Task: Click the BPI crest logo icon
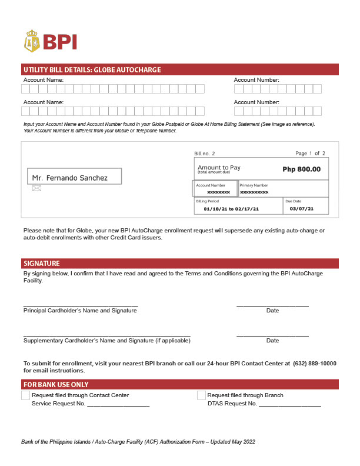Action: (32, 41)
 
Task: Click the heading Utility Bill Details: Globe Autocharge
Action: (92, 69)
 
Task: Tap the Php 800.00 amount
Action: (301, 169)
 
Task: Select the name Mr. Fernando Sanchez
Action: (70, 178)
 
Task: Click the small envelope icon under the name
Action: (36, 188)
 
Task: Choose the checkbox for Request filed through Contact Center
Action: (25, 395)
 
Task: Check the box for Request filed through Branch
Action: (201, 395)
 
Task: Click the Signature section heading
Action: (41, 263)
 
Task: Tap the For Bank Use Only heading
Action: (56, 384)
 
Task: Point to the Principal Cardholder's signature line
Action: (81, 305)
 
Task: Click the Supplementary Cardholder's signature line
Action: (106, 335)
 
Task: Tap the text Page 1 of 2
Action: (310, 154)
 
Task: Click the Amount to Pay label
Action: (219, 168)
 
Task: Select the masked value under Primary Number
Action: (254, 192)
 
